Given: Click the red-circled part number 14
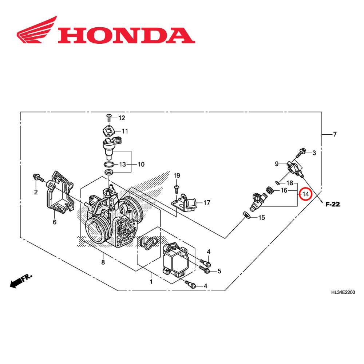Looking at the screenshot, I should click(x=305, y=194).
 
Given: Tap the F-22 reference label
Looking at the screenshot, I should click(x=333, y=205).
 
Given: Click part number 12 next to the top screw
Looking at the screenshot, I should click(x=121, y=118).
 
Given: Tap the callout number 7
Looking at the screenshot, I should click(x=335, y=134).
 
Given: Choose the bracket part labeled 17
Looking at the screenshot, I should click(x=186, y=203).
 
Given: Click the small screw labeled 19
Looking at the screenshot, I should click(x=177, y=187).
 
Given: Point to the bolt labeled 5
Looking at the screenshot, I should click(x=205, y=269).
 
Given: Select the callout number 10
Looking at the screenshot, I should click(x=141, y=165).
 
